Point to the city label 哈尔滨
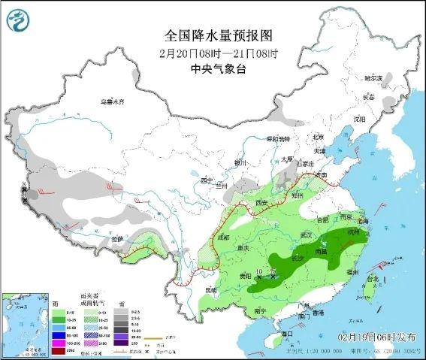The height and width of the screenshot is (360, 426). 373,78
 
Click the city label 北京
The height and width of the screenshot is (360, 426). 317,137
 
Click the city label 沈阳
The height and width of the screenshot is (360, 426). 360,119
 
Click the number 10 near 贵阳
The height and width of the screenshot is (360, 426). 259,271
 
